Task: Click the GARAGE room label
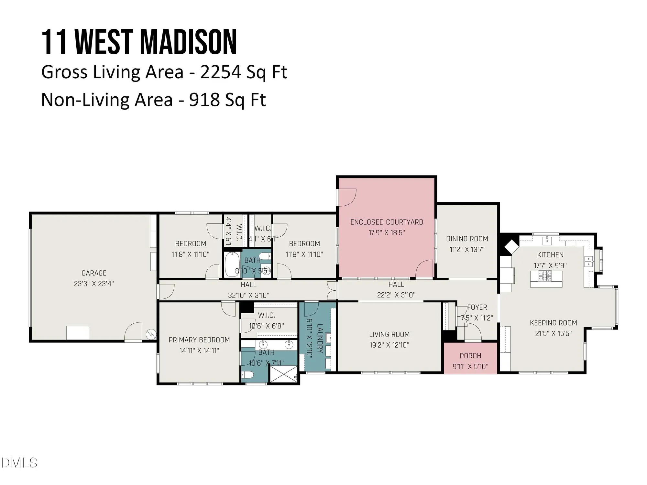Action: coord(94,273)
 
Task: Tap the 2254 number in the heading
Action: coord(221,72)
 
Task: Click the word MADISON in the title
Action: coord(188,43)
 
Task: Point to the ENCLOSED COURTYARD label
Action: coord(387,222)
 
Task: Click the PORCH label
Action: coord(470,356)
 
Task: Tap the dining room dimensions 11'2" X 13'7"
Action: coord(467,250)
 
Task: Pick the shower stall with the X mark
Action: coord(283,374)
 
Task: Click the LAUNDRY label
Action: coord(320,338)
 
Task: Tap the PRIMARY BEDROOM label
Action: coord(199,340)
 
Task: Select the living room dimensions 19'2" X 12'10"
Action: coord(389,345)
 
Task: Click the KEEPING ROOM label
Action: coord(553,323)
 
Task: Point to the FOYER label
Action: coord(477,307)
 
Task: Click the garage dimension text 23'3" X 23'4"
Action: coord(94,284)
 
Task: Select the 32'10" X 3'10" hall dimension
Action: coord(248,295)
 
